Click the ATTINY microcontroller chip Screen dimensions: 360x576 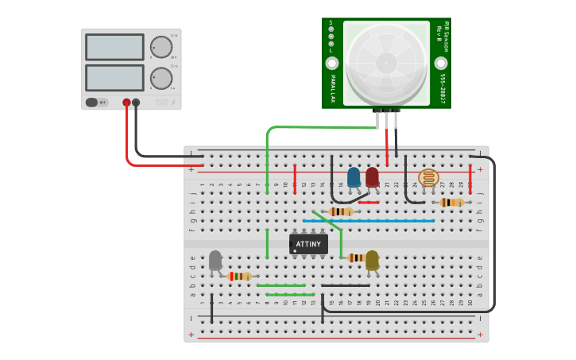click(308, 244)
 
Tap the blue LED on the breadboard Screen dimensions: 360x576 click(354, 176)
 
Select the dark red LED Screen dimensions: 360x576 click(372, 176)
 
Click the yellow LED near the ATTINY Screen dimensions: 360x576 click(372, 259)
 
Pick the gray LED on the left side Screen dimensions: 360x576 click(215, 260)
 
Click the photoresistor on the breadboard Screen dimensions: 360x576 click(428, 177)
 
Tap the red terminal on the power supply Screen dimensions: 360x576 click(126, 103)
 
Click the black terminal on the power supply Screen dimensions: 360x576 click(136, 103)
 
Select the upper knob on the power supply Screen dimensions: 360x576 click(161, 47)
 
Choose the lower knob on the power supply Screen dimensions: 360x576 click(161, 78)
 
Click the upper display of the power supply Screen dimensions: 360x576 click(114, 47)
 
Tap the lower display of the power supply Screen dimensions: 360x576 click(114, 77)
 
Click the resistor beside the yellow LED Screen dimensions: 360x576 click(355, 257)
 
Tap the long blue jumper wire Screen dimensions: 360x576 click(368, 221)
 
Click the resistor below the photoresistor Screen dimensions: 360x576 click(451, 203)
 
